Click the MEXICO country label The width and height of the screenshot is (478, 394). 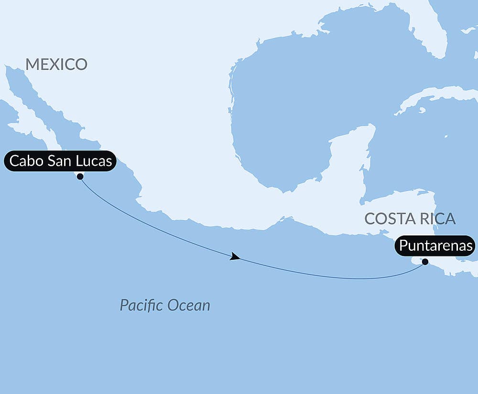(x=56, y=64)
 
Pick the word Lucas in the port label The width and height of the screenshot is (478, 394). (x=95, y=161)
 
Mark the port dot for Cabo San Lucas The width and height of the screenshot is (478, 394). (x=80, y=176)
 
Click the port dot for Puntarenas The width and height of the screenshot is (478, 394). (x=425, y=261)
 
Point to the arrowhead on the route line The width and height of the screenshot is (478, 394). (x=235, y=257)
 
